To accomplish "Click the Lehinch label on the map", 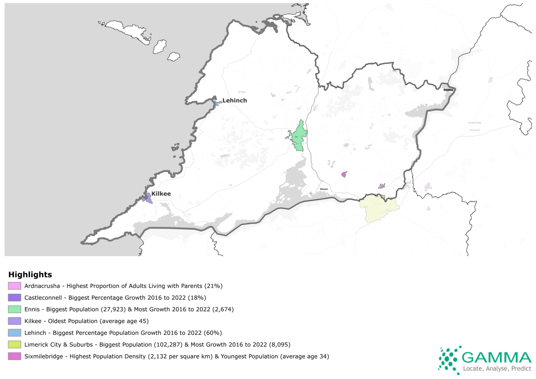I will point(234,101).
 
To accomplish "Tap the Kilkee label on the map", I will point(161,194).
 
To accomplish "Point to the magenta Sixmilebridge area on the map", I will point(344,174).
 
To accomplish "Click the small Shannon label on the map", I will point(324,189).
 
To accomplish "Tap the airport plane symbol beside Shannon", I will point(311,193).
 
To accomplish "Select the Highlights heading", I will point(30,275).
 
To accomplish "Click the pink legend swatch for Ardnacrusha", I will point(15,286).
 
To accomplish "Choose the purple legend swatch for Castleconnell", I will point(15,298).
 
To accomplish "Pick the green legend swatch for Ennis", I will point(15,310).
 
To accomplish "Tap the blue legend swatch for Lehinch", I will point(15,333).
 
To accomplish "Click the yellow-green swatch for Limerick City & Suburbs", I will point(15,345).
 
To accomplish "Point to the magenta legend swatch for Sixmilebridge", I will point(15,356).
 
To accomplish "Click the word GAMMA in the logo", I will point(496,358).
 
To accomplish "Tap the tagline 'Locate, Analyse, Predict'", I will point(497,369).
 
